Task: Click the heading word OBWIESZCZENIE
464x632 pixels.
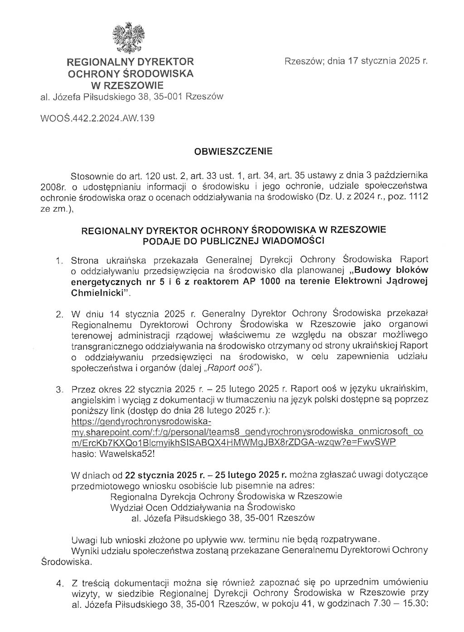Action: click(x=233, y=151)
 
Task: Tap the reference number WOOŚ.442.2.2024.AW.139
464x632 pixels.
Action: click(x=97, y=118)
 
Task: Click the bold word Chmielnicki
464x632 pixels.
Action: click(x=98, y=293)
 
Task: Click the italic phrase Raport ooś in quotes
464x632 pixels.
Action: click(x=232, y=368)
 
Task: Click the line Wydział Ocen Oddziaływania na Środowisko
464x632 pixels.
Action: click(x=203, y=507)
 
